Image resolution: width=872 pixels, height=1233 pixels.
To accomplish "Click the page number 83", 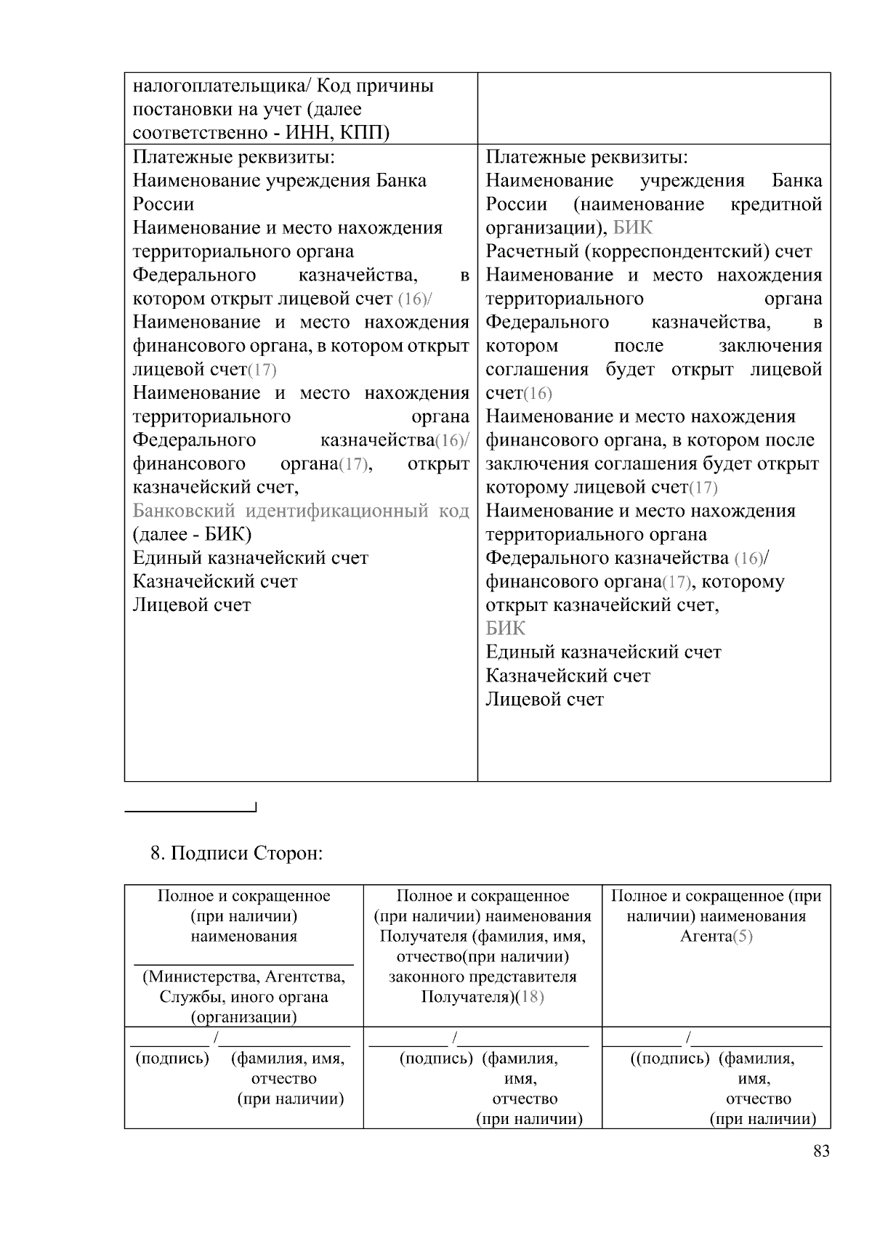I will [821, 1151].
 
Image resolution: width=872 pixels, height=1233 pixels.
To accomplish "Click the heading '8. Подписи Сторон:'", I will [236, 852].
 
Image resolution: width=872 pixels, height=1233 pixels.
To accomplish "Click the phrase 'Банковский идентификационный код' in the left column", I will [300, 511].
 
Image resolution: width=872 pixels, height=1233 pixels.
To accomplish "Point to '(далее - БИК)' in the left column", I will [192, 535].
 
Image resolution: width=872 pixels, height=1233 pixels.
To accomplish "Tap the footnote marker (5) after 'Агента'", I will [743, 936].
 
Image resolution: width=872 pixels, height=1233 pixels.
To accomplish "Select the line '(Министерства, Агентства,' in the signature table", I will [243, 977].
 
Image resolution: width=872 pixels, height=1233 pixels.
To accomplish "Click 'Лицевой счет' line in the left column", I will [191, 605].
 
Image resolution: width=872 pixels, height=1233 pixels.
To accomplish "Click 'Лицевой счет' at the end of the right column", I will [544, 700].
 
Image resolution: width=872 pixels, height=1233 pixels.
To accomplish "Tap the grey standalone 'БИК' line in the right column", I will [505, 628].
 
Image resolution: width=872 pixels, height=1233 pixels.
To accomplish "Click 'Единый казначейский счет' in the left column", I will [250, 558].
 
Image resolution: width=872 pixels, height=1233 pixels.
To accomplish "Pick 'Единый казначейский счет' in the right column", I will [603, 652].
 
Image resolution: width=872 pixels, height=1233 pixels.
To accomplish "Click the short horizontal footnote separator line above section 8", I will [190, 810].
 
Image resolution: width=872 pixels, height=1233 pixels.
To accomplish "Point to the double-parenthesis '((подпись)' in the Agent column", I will [669, 1059].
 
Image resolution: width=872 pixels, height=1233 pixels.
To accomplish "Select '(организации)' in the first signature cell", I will [243, 1017].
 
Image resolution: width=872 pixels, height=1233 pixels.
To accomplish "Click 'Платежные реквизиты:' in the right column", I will [586, 157].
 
